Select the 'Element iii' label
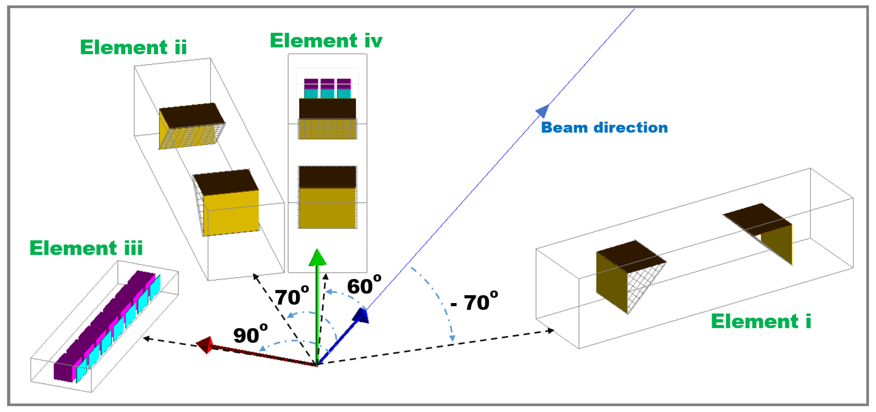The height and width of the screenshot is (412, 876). [x=86, y=248]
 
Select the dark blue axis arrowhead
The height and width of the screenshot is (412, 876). [x=361, y=315]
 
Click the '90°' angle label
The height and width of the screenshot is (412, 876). [x=250, y=335]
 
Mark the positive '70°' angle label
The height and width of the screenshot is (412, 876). [x=292, y=297]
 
